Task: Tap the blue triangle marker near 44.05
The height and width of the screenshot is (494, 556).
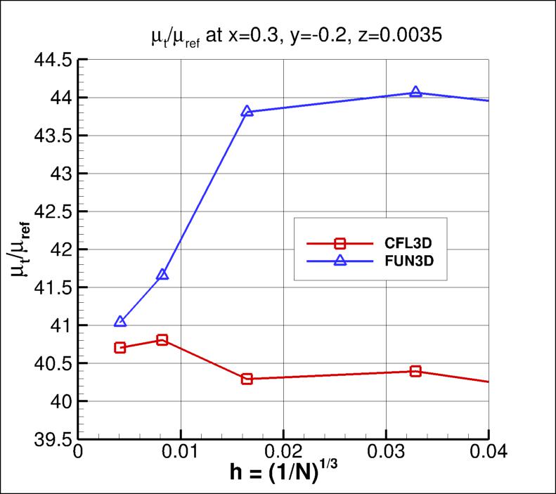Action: click(415, 92)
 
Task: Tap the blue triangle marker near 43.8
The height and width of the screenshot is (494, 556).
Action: click(247, 111)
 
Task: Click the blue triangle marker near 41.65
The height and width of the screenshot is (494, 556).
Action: click(162, 274)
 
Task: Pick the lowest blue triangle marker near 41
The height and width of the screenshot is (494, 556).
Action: click(120, 321)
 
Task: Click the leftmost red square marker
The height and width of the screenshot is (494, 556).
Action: click(120, 348)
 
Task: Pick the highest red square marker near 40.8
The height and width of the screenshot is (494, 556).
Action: click(162, 340)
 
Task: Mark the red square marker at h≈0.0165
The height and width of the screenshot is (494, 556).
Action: click(247, 379)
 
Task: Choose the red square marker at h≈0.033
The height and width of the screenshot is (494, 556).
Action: click(415, 371)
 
